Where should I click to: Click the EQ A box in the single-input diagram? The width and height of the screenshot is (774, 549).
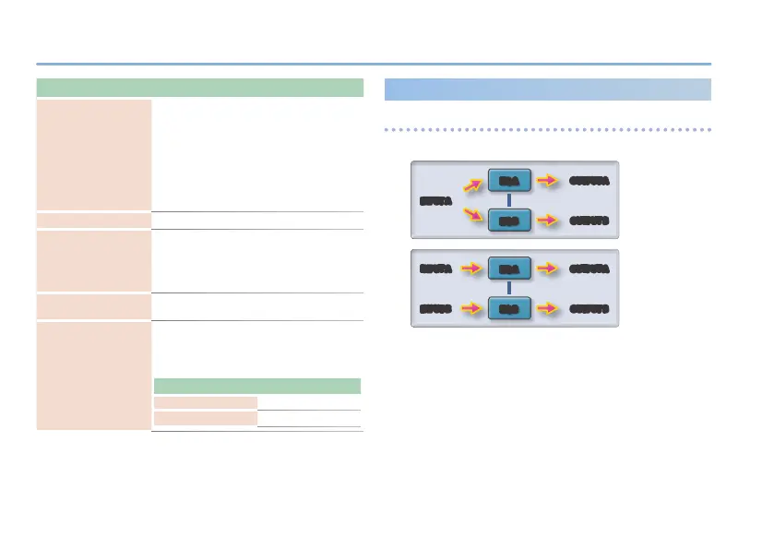pos(509,181)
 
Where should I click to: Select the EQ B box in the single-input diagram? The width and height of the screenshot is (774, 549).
pos(509,222)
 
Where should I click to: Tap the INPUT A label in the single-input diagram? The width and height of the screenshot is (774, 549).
pos(435,200)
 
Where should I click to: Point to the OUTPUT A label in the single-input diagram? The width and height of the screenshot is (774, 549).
pos(589,180)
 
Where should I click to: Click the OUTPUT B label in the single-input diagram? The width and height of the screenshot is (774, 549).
pos(589,222)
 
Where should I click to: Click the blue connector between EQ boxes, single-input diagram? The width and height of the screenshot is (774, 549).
pos(509,202)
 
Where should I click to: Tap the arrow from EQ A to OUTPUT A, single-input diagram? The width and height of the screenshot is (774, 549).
pos(548,181)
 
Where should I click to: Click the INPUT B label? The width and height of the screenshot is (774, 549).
pos(435,308)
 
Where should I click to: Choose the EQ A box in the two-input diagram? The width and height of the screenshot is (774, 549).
pos(509,269)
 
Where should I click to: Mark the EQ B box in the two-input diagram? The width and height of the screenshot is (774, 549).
pos(509,308)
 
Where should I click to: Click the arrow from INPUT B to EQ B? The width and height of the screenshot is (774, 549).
pos(471,308)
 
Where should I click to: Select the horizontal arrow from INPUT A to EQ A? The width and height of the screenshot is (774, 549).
pos(471,269)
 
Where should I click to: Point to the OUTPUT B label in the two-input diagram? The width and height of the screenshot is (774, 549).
pos(589,308)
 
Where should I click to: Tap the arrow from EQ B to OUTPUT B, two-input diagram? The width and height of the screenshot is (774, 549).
pos(548,308)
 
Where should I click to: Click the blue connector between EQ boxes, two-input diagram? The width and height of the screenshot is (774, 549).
pos(509,289)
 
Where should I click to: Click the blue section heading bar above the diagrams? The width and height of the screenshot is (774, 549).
pos(547,89)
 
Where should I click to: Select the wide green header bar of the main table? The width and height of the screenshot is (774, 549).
pos(198,88)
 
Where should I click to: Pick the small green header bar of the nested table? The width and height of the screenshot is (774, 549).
pos(256,387)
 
